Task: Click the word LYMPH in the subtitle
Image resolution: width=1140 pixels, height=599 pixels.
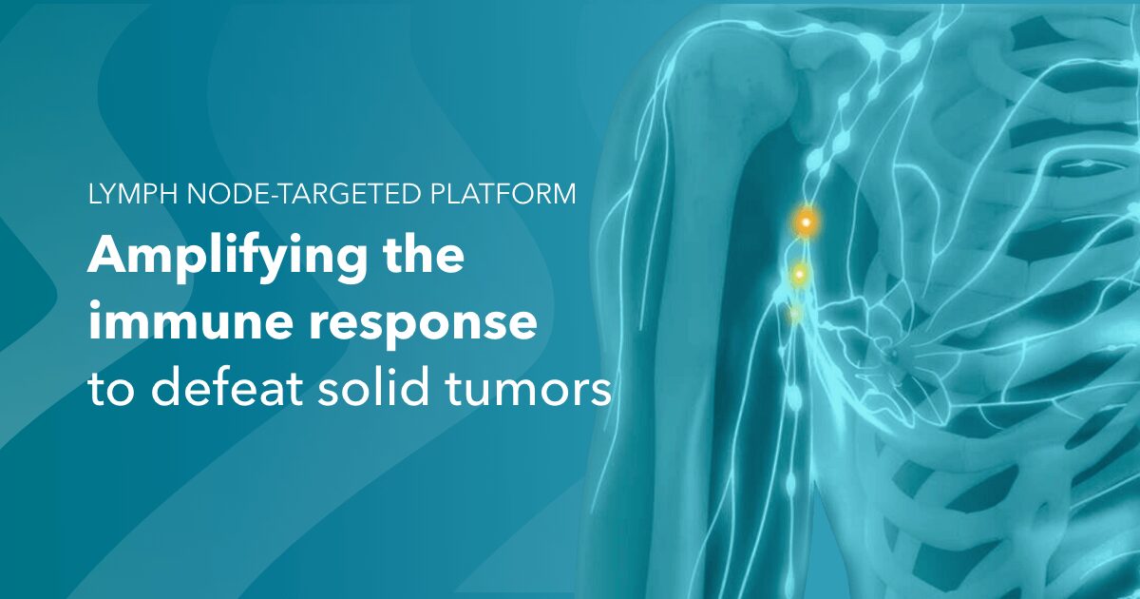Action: [x=133, y=194]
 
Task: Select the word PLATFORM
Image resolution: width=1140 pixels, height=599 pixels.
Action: [x=503, y=194]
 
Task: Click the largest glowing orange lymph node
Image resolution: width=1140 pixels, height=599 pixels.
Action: [x=807, y=222]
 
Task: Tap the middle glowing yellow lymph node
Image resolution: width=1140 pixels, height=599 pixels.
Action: [x=800, y=275]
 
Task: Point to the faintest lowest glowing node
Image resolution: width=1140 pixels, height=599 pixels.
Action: [x=795, y=313]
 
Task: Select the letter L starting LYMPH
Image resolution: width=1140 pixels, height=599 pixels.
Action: [x=95, y=194]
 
